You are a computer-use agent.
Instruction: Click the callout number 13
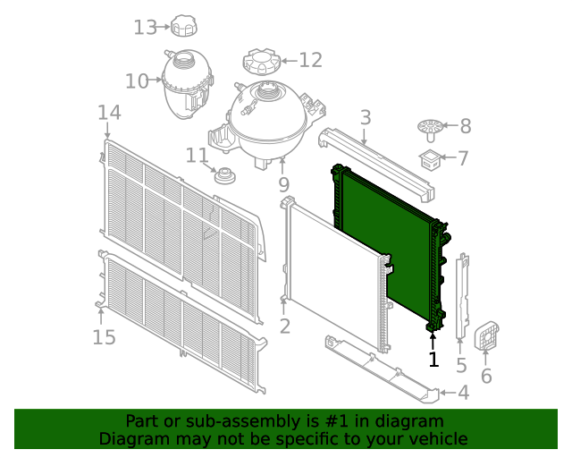pyautogui.click(x=145, y=28)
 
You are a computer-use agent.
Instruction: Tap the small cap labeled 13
pyautogui.click(x=185, y=26)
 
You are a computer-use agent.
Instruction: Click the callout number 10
pyautogui.click(x=137, y=81)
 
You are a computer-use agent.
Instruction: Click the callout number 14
pyautogui.click(x=109, y=113)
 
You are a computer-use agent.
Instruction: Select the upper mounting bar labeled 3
pyautogui.click(x=375, y=161)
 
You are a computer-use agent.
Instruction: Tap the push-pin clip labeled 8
pyautogui.click(x=430, y=128)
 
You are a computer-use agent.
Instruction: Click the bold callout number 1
pyautogui.click(x=433, y=360)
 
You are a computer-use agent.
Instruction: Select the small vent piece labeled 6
pyautogui.click(x=485, y=335)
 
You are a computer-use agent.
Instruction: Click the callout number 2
pyautogui.click(x=284, y=327)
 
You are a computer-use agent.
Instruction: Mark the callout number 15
pyautogui.click(x=104, y=337)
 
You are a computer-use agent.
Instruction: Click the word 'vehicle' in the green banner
pyautogui.click(x=435, y=438)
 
